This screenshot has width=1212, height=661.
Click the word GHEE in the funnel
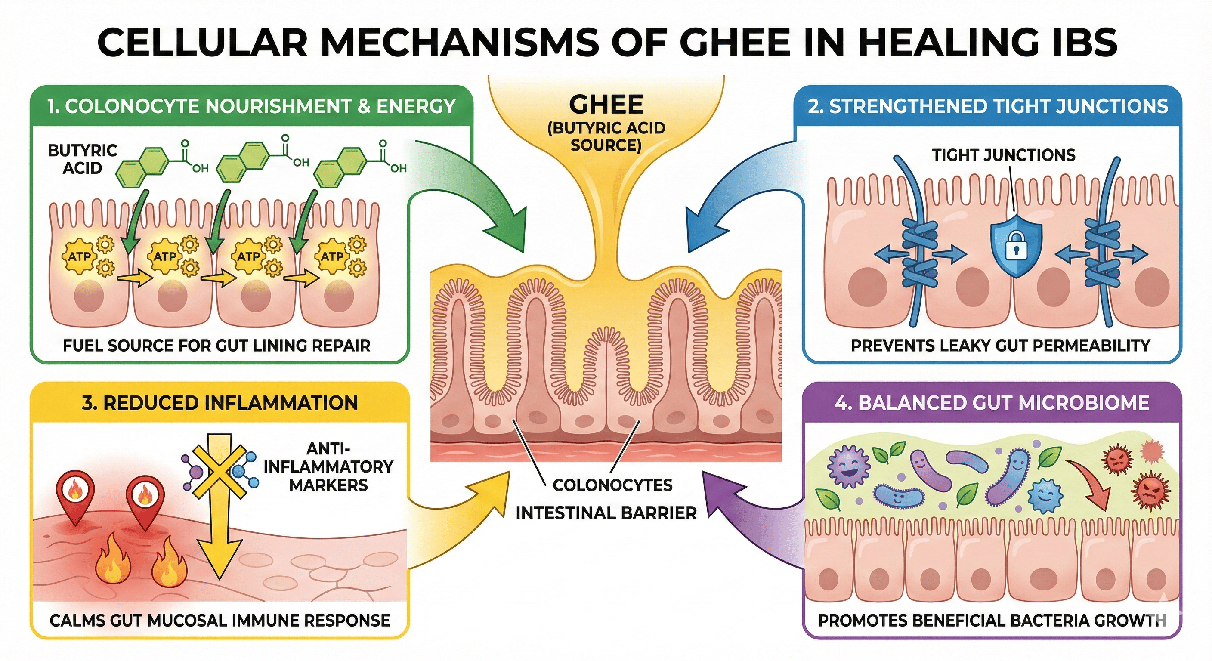[x=606, y=105]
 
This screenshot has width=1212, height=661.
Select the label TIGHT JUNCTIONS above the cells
[x=1004, y=155]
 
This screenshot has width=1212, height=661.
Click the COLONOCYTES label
[x=612, y=485]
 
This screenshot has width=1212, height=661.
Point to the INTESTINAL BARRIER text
[x=606, y=513]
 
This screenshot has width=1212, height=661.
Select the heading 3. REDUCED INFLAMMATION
[x=220, y=403]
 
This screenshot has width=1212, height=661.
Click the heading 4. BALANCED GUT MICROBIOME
[x=992, y=403]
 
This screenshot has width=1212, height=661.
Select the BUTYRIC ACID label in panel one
[x=82, y=159]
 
